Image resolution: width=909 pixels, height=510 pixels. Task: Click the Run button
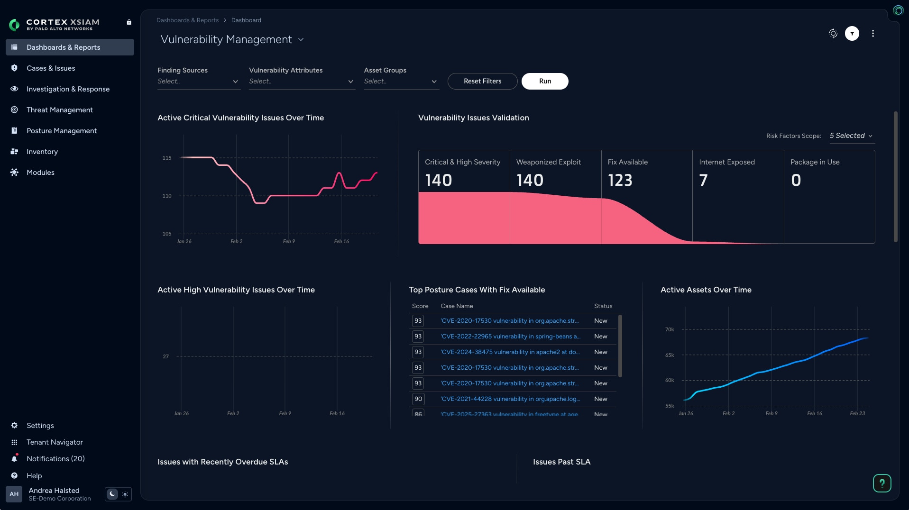coord(545,81)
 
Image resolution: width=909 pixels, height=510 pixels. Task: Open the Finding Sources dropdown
coord(198,82)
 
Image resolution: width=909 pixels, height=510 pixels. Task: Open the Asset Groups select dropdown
coord(401,82)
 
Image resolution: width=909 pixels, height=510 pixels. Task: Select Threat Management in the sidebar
coord(59,110)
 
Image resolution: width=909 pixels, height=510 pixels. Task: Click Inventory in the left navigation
coord(42,152)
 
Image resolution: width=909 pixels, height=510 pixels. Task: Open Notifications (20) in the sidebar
coord(55,459)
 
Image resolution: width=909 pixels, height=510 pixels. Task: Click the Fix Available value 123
coord(620,180)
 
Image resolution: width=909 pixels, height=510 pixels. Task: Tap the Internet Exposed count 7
coord(703,180)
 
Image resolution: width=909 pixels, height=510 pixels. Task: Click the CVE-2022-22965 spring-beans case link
coord(510,337)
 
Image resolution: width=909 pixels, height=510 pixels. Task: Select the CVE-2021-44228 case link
coord(510,399)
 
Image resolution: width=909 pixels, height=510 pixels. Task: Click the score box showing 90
coord(418,399)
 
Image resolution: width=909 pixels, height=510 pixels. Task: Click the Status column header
coord(603,306)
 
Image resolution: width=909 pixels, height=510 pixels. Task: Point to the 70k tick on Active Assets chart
coord(669,329)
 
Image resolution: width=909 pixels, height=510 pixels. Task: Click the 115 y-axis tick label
coord(167,158)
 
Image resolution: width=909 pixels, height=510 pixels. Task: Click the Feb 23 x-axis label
coord(857,414)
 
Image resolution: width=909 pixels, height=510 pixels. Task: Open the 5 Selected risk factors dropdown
coord(851,136)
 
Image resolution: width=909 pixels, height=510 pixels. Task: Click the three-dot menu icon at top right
coord(872,34)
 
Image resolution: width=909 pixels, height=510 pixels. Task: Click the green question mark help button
coord(881,483)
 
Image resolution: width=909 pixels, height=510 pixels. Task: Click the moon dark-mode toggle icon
coord(112,494)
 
